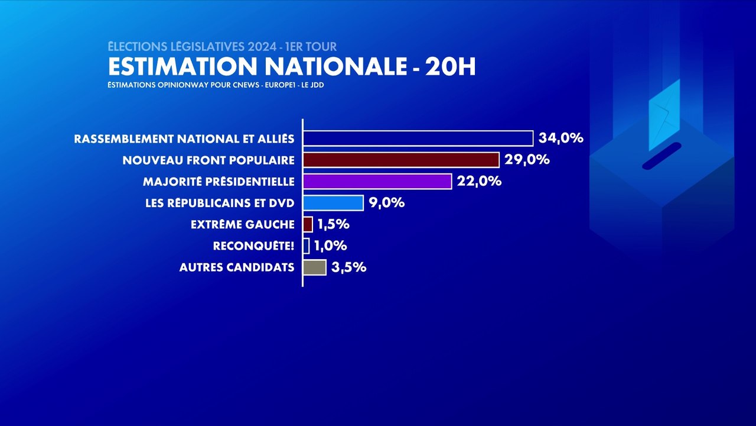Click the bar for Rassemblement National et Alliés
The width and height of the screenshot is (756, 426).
418,138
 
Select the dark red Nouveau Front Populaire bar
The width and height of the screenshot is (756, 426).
401,160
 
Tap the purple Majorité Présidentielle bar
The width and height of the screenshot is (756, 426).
377,181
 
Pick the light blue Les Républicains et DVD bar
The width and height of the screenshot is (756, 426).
333,203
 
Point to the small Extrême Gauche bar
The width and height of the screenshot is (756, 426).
308,224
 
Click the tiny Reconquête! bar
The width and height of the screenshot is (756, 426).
306,246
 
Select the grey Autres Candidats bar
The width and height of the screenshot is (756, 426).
314,267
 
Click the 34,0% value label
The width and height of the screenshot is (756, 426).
561,138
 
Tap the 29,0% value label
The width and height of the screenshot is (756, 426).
527,160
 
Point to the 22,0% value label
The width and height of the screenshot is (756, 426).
479,181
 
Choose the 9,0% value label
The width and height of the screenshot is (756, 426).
386,203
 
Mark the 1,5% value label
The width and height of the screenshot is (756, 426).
333,224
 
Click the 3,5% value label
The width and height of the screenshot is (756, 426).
349,267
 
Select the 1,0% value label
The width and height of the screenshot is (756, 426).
330,246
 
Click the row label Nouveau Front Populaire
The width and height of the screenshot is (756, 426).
208,160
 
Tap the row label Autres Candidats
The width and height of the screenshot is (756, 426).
236,267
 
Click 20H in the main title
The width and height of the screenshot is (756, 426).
450,67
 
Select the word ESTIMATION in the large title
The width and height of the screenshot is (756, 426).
178,67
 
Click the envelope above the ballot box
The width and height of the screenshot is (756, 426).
664,115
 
